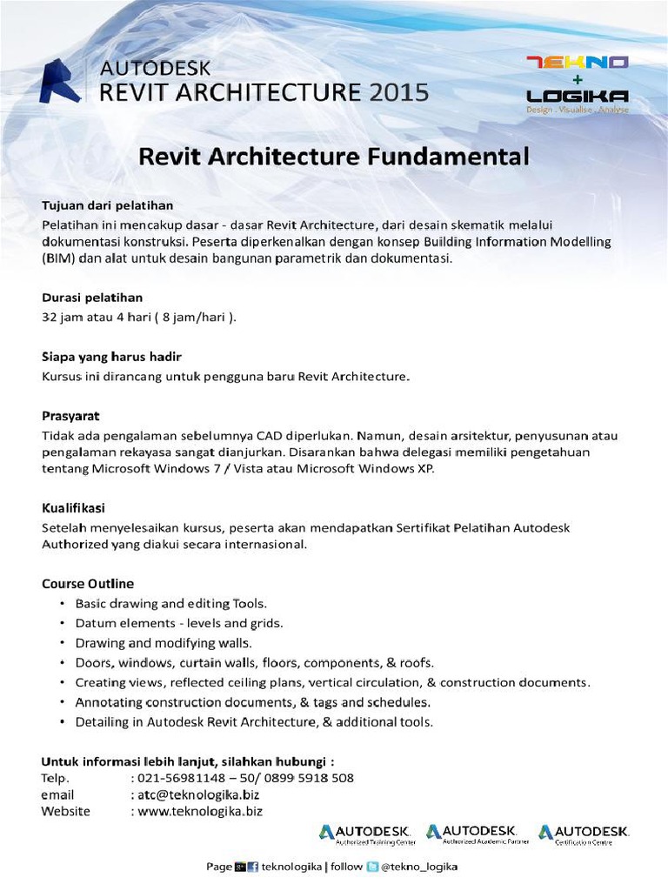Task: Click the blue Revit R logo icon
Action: pos(61,81)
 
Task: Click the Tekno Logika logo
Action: pos(578,84)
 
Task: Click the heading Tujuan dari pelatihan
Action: pos(108,205)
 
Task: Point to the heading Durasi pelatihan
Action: pos(92,298)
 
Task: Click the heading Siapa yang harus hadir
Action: pos(111,357)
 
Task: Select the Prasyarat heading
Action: pos(77,416)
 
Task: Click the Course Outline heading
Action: pos(88,583)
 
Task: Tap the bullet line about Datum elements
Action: pos(179,623)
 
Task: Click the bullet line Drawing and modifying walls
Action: pos(164,643)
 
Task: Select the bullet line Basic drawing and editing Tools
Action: pos(171,603)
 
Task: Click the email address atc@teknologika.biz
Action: pos(198,794)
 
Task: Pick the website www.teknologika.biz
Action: pos(199,811)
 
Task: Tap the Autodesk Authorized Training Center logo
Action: pos(366,834)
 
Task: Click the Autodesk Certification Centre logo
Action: pos(584,834)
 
